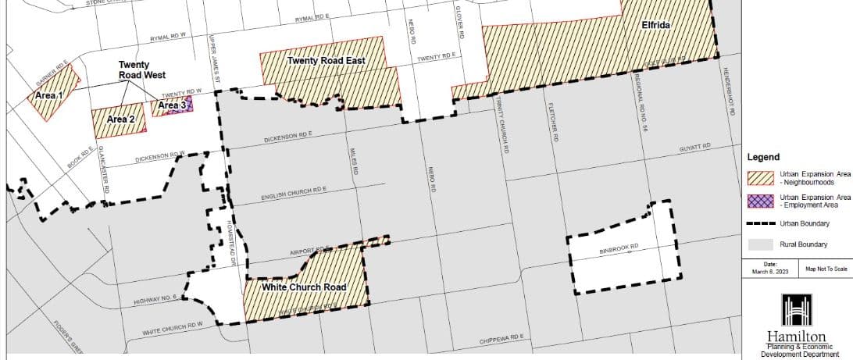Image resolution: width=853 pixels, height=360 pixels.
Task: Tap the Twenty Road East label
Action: coord(326,61)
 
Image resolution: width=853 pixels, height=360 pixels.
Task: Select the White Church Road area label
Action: coord(304,287)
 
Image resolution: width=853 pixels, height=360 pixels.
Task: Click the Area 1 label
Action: coord(49,95)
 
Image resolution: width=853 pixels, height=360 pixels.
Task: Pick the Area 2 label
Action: coord(121,119)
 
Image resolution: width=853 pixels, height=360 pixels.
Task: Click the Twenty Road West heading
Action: coord(138,70)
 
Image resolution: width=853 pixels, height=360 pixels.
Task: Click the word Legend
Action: coord(764,157)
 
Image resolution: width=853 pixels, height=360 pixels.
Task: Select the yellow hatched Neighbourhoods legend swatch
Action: coord(760,178)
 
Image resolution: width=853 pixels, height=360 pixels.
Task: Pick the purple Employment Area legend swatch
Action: coord(760,201)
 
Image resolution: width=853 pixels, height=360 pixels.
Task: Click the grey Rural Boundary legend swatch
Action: coord(760,244)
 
